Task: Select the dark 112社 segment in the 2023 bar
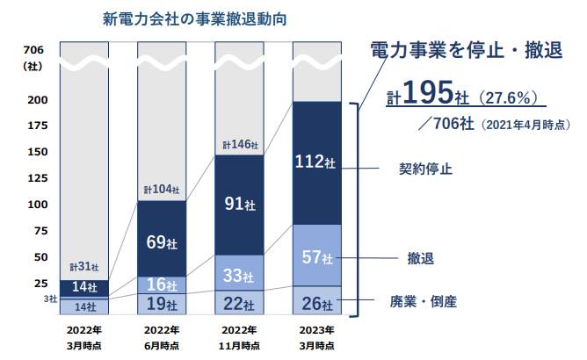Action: (316, 162)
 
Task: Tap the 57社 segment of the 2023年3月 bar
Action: (316, 256)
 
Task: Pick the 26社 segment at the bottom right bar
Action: (316, 304)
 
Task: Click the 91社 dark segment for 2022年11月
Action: (239, 205)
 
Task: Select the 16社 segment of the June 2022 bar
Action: (162, 284)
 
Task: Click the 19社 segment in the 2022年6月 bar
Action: (162, 305)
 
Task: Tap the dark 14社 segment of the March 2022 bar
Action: (84, 287)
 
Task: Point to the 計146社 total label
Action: (239, 145)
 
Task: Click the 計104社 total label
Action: (162, 190)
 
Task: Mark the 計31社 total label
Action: (84, 267)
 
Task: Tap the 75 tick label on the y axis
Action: (38, 231)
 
